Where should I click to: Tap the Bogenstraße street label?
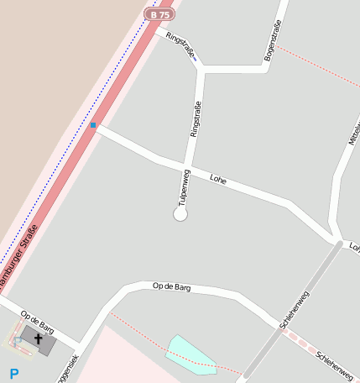(x=272, y=39)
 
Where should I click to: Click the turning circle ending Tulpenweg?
(x=180, y=214)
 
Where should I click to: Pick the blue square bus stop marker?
(x=93, y=125)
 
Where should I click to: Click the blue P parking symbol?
(x=13, y=373)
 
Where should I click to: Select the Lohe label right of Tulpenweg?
(x=219, y=179)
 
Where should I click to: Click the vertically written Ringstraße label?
(x=195, y=118)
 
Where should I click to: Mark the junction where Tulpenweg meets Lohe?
(x=186, y=164)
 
